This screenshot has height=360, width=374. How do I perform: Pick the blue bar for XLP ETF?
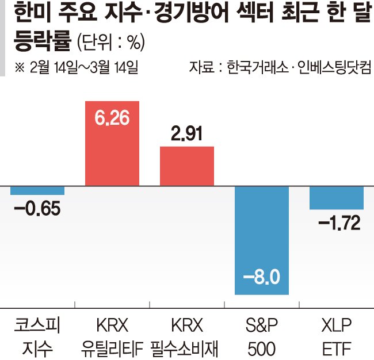337,198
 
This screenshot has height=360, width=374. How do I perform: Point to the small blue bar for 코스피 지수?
37,191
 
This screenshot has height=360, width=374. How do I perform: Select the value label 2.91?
187,135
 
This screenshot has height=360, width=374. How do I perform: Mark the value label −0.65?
37,208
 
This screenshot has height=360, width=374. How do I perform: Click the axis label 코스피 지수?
37,336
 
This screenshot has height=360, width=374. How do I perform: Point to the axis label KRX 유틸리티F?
112,336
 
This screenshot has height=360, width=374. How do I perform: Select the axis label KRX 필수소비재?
187,336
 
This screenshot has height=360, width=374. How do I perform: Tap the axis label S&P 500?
262,336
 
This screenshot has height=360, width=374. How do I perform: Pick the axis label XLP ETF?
337,336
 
